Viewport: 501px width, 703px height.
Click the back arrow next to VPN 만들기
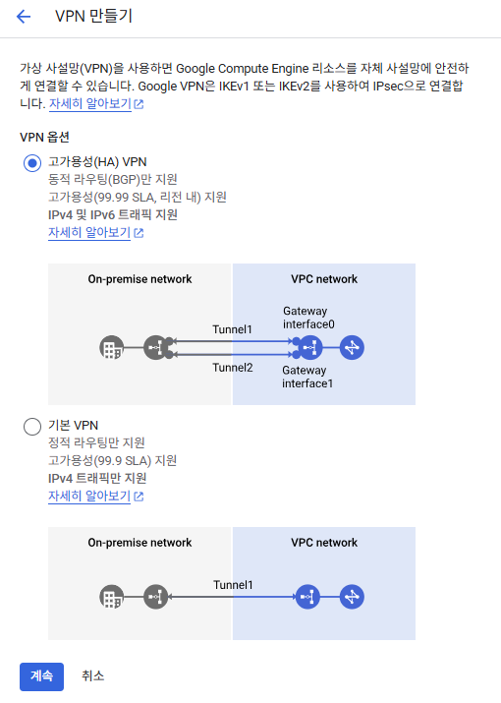coord(24,17)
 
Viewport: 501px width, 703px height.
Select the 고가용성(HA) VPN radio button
coord(32,163)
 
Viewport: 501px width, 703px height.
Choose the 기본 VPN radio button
coord(32,427)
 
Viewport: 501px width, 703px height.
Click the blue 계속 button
coord(41,676)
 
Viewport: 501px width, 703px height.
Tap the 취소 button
coord(92,676)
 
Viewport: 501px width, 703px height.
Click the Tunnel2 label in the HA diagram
coord(233,368)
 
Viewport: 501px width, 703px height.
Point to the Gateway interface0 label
coord(308,318)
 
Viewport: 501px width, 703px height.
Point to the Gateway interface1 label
coord(307,377)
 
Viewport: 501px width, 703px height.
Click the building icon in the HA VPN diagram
coord(112,347)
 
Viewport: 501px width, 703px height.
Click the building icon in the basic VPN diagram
coord(112,597)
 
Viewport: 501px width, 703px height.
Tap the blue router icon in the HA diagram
coord(352,347)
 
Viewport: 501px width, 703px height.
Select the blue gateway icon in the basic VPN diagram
coord(307,597)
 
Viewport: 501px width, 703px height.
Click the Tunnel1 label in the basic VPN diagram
coord(233,585)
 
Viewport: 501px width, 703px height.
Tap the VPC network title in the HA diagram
coord(324,279)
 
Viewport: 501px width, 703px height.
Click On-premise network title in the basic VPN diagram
coord(139,543)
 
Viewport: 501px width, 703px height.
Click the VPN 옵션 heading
coord(44,138)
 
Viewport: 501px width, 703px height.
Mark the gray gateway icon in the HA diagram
coord(158,347)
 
